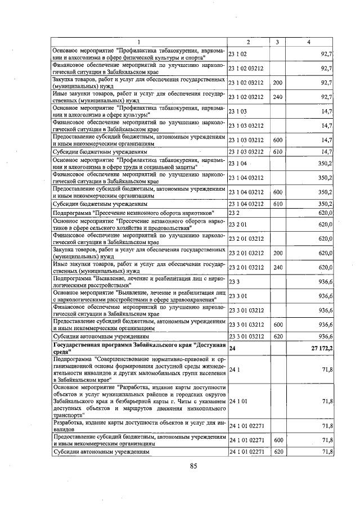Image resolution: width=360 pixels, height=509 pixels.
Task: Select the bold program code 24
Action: tap(233, 349)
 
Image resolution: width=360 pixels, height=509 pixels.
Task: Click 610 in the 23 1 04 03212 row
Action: tap(277, 204)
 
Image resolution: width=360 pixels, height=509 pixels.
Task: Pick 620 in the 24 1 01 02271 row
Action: tap(277, 452)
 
